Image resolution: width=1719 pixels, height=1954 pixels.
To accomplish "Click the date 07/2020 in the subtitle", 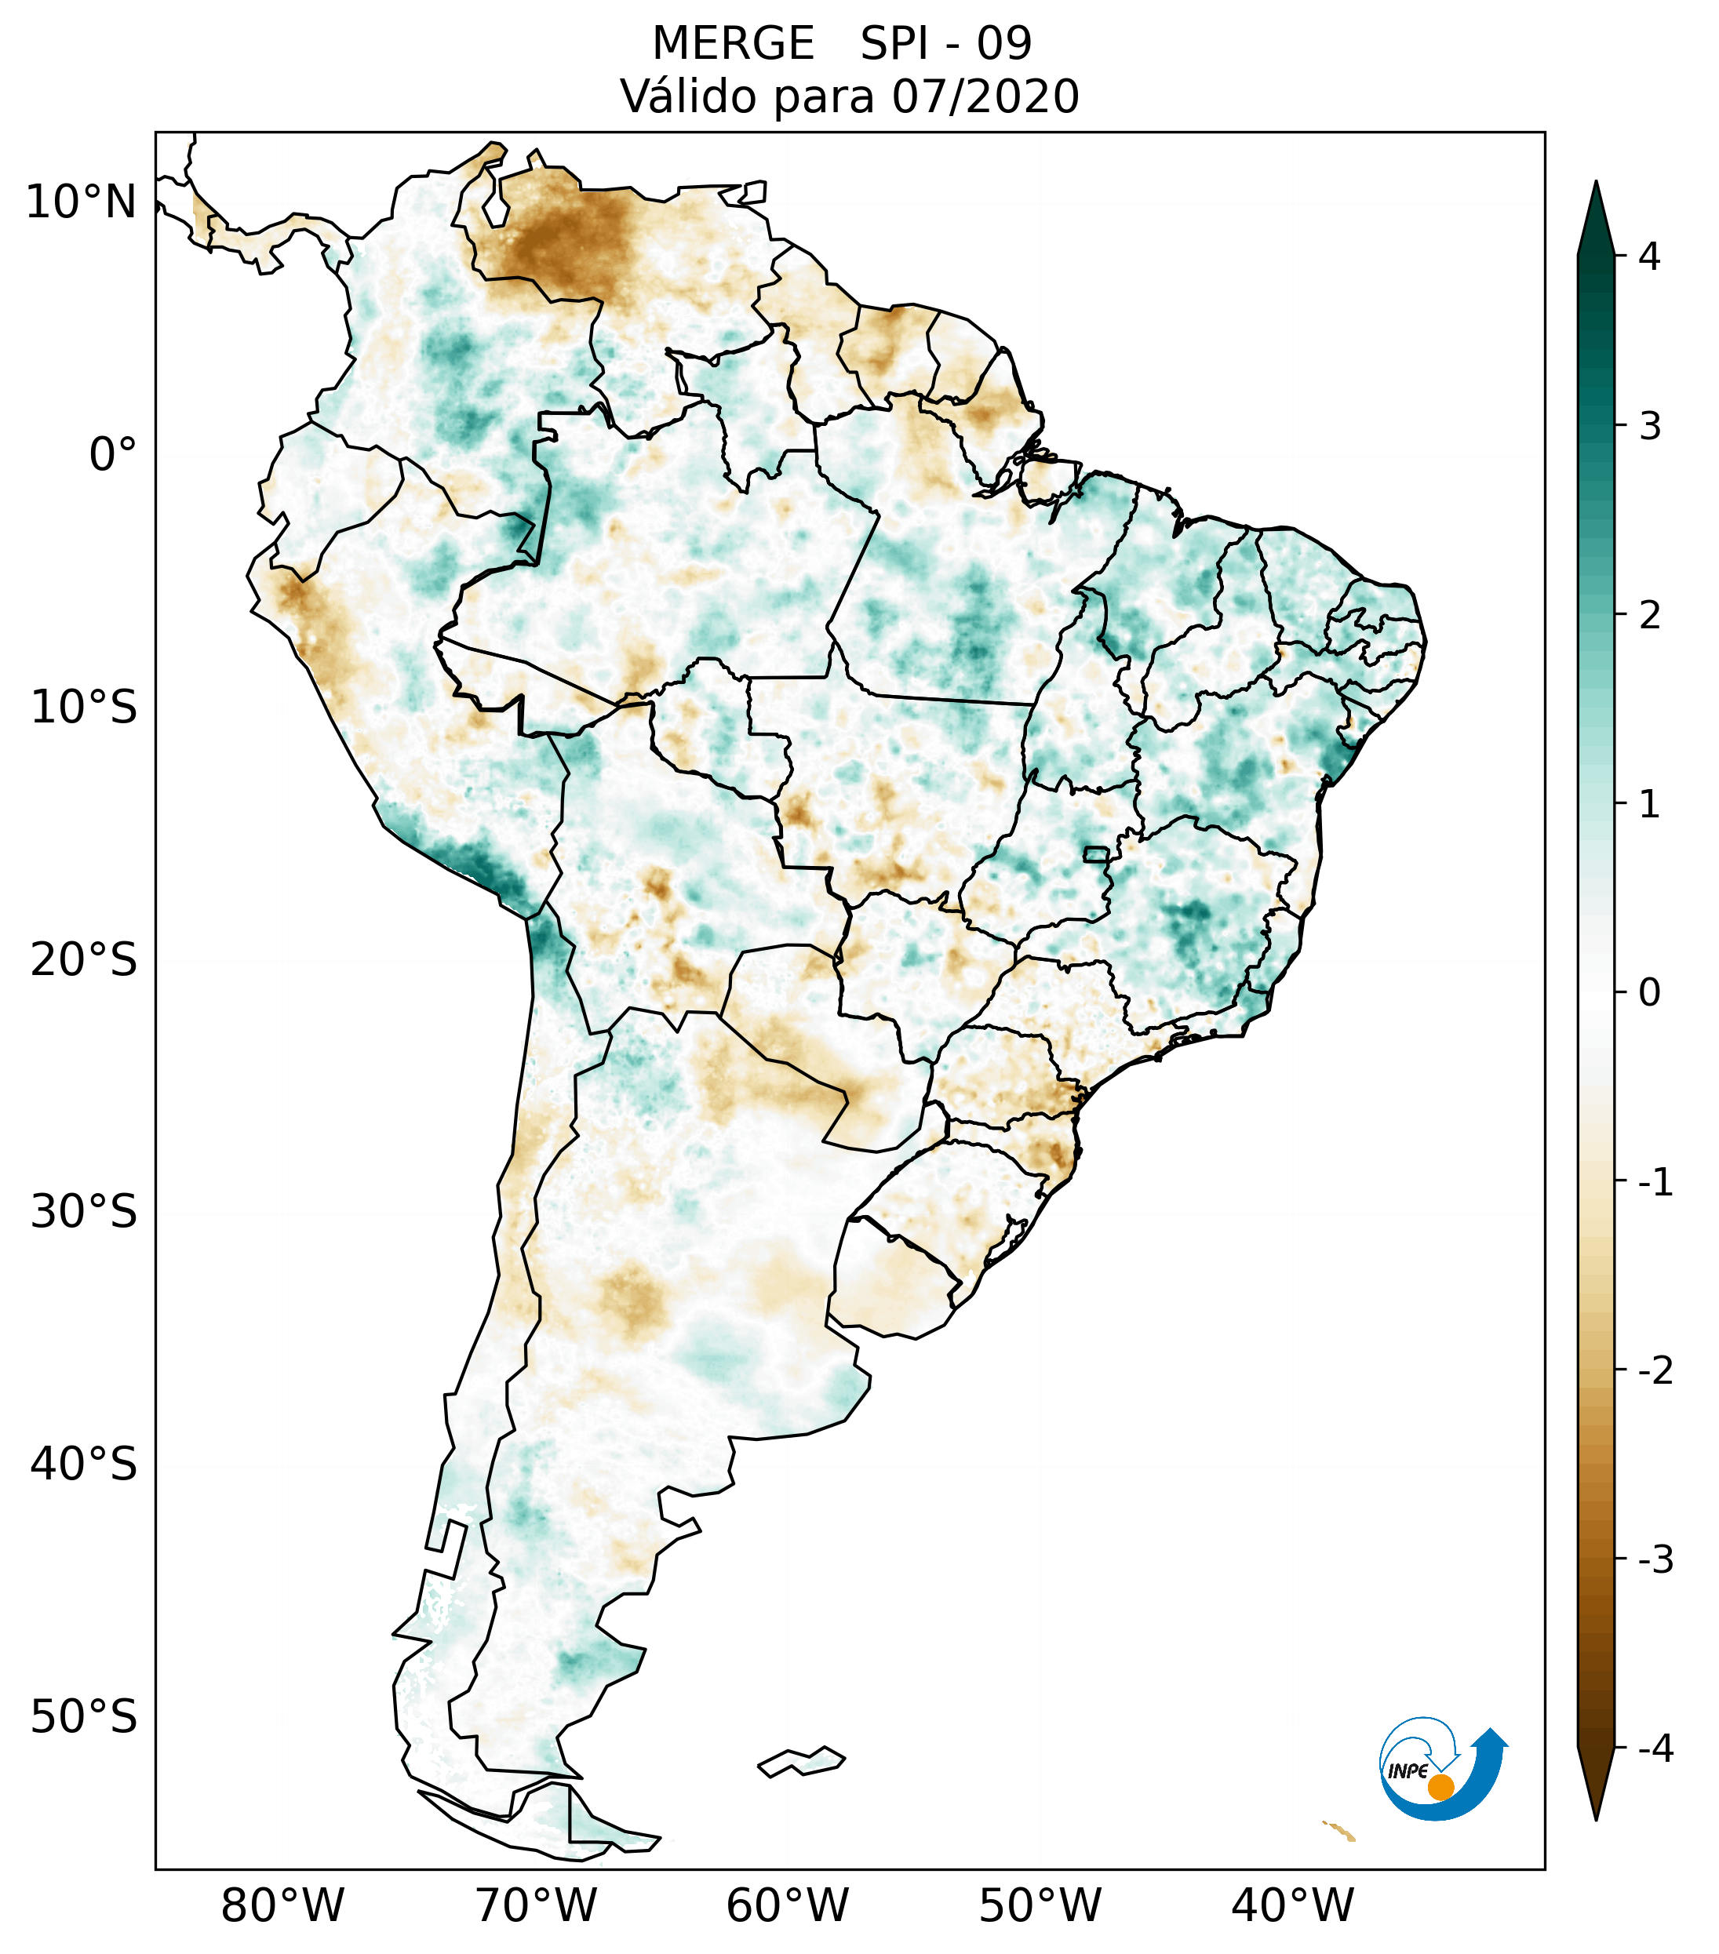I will pyautogui.click(x=985, y=96).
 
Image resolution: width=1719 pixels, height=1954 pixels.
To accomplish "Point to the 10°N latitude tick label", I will pyautogui.click(x=82, y=202).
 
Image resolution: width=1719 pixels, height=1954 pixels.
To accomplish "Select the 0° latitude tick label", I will pyautogui.click(x=113, y=455).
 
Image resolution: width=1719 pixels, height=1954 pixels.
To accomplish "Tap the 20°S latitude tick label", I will pyautogui.click(x=84, y=960).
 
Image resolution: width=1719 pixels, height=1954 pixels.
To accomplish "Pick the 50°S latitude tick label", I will pyautogui.click(x=84, y=1717).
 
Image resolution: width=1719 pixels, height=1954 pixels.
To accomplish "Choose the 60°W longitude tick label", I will pyautogui.click(x=787, y=1905).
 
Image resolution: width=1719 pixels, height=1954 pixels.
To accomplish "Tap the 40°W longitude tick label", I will pyautogui.click(x=1293, y=1905).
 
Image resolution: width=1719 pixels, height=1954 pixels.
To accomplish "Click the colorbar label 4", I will pyautogui.click(x=1649, y=257).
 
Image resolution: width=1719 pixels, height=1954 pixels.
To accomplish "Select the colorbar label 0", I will pyautogui.click(x=1649, y=993).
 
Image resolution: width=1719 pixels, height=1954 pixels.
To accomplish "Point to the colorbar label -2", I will pyautogui.click(x=1655, y=1371).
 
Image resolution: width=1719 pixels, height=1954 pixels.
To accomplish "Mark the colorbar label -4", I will pyautogui.click(x=1655, y=1748).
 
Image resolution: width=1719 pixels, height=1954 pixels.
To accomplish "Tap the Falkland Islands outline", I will pyautogui.click(x=801, y=1761).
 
